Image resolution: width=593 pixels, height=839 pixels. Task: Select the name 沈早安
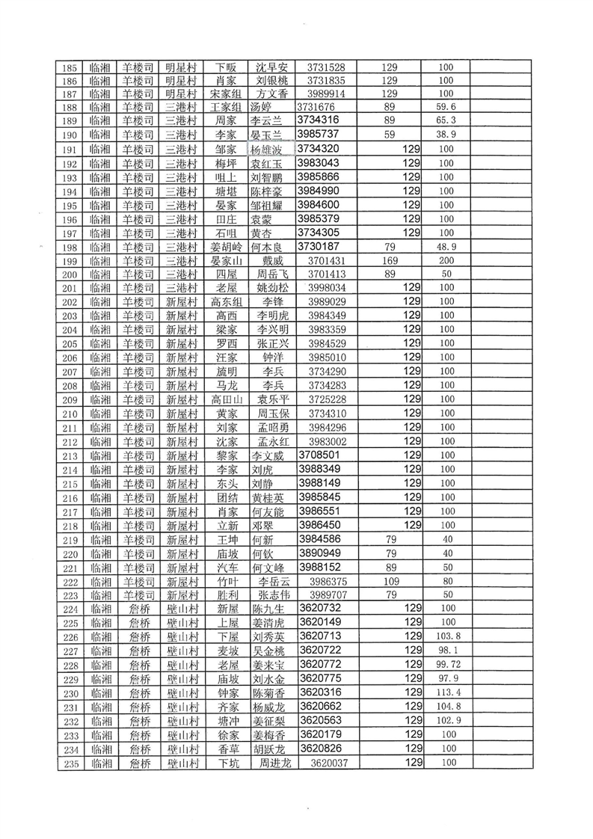272,67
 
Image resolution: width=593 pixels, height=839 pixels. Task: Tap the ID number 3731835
326,80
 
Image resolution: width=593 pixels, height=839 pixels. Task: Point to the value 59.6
446,107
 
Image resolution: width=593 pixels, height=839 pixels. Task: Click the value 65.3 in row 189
446,120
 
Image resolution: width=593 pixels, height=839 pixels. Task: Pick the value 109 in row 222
389,582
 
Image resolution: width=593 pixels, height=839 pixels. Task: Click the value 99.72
446,665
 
